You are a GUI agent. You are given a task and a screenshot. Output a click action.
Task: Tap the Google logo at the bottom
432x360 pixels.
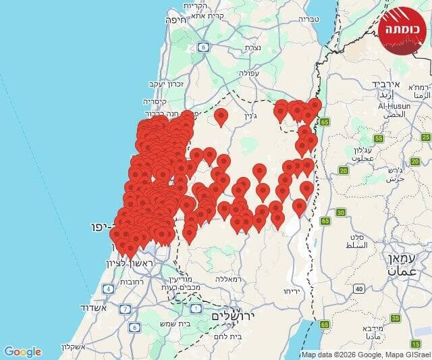point(22,351)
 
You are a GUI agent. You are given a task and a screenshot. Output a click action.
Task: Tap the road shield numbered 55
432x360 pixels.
point(379,138)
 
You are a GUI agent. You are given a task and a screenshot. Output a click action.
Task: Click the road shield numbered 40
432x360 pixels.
point(359,289)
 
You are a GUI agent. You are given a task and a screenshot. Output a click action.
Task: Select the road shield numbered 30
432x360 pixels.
point(341,213)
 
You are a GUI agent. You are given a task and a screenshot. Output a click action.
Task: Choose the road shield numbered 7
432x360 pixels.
point(125,309)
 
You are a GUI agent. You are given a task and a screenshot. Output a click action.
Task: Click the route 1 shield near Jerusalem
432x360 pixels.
point(196,309)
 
